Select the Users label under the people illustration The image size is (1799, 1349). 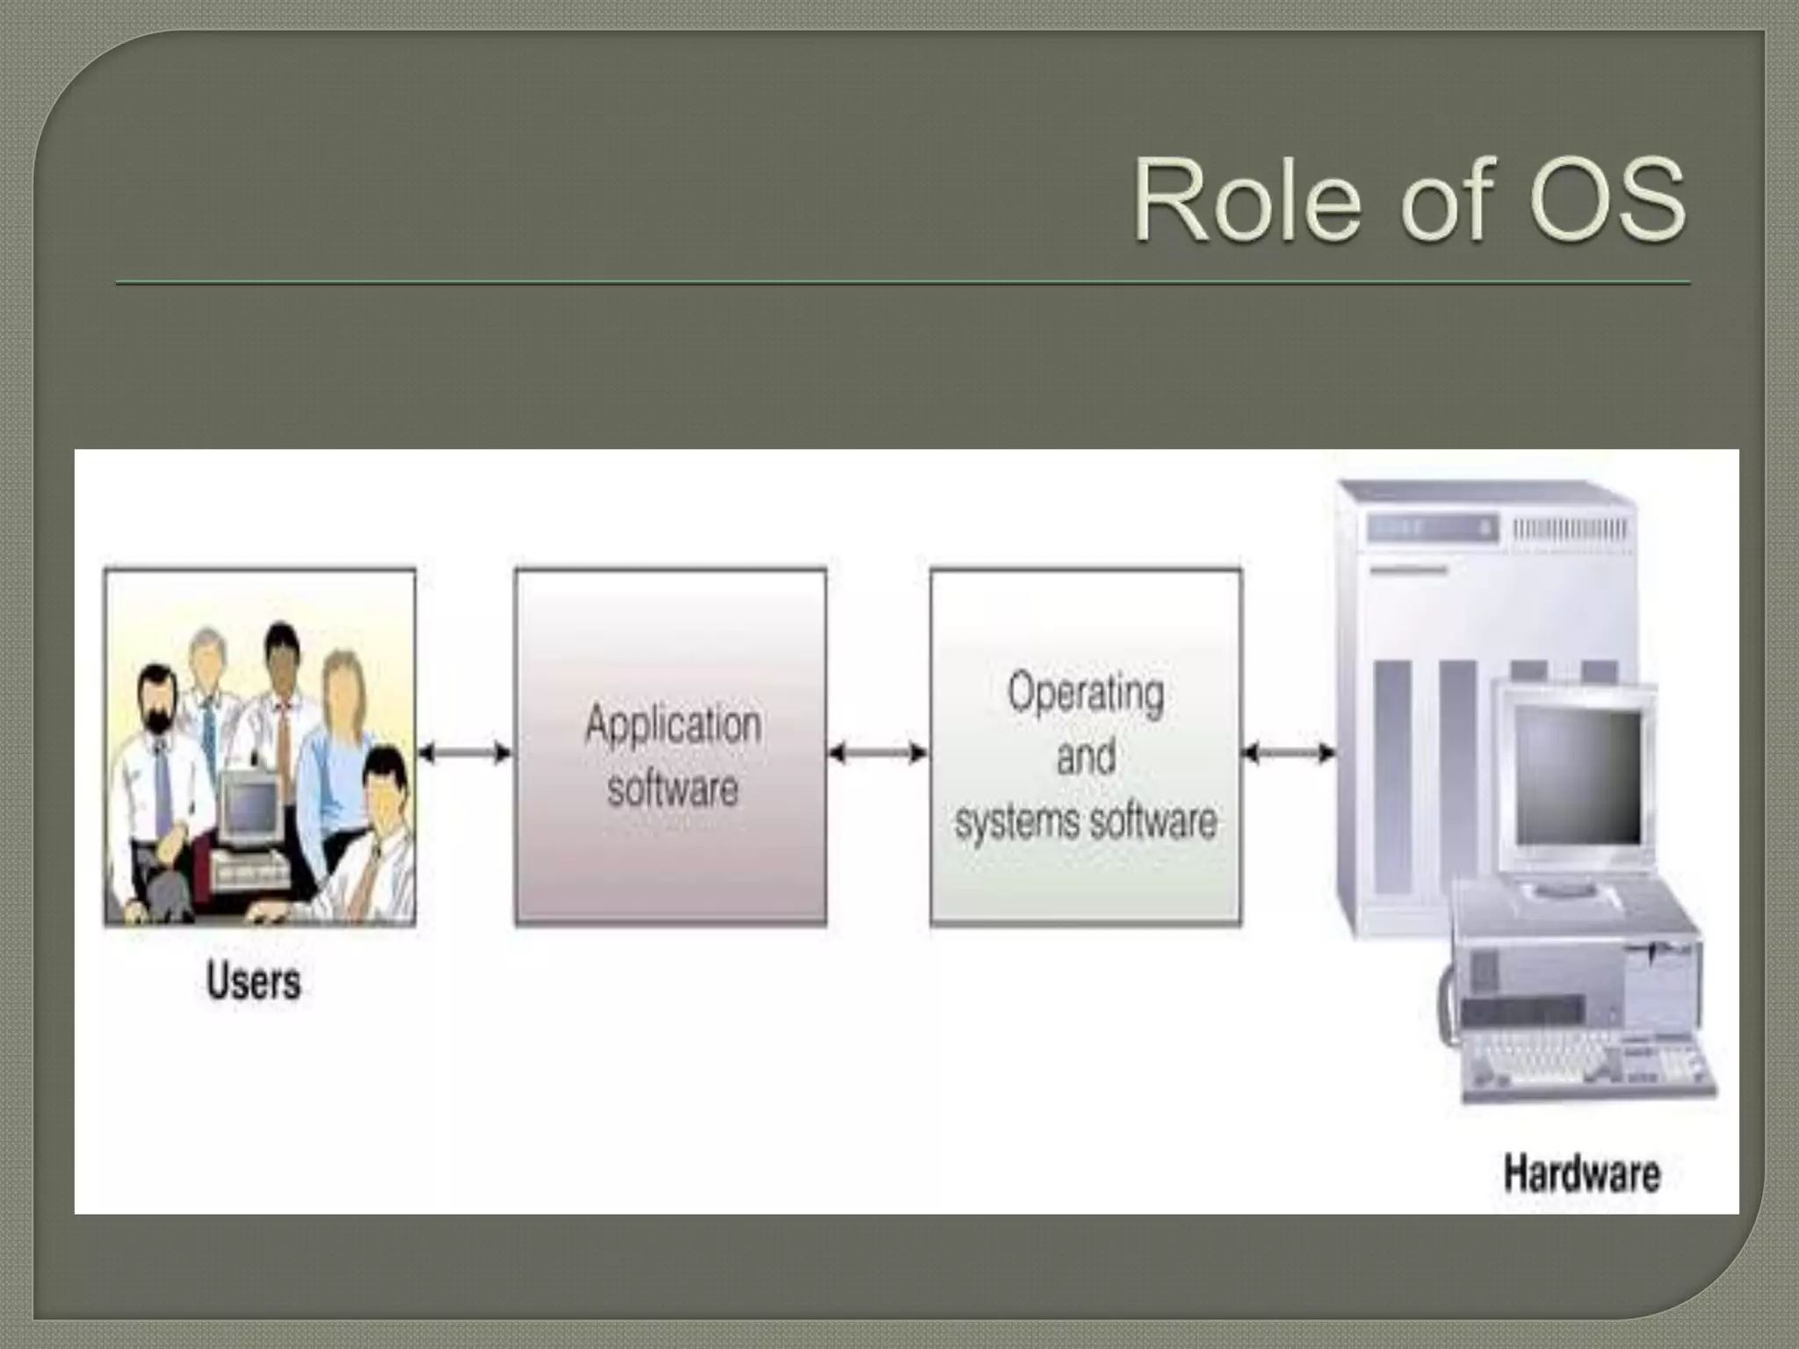click(x=253, y=980)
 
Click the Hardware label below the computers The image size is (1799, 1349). click(x=1581, y=1173)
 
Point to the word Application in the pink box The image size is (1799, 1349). click(x=673, y=725)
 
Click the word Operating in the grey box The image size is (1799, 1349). click(x=1086, y=693)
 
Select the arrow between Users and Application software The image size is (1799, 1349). click(x=465, y=753)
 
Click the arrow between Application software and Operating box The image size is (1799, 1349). click(x=878, y=753)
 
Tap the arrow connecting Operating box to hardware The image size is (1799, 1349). click(x=1289, y=753)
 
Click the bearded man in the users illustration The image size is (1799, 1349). click(x=158, y=703)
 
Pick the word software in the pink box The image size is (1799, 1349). click(x=673, y=789)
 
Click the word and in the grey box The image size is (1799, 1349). click(x=1086, y=757)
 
